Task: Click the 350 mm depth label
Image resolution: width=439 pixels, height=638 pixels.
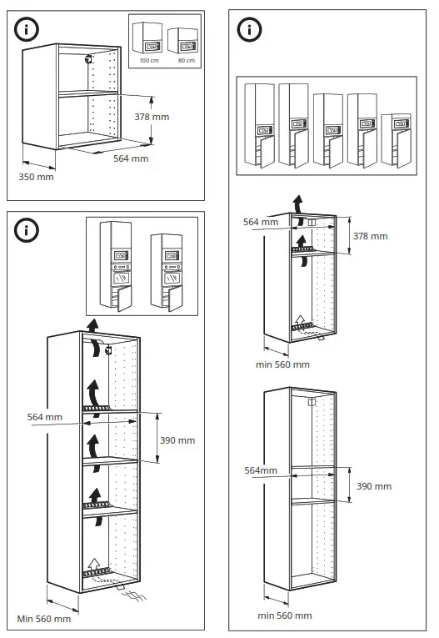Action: (36, 177)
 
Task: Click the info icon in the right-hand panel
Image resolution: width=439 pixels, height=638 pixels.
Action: (249, 29)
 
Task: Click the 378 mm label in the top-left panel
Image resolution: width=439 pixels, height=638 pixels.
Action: (153, 117)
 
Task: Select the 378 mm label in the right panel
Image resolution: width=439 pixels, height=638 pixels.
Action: (371, 236)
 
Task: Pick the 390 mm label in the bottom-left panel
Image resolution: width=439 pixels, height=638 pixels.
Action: (177, 440)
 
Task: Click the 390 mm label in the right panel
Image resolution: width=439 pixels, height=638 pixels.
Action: (374, 486)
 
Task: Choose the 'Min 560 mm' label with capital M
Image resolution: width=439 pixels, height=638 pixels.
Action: (44, 619)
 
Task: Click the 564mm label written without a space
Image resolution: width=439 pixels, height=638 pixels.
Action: (260, 470)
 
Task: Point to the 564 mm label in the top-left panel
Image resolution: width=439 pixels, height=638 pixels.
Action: (131, 158)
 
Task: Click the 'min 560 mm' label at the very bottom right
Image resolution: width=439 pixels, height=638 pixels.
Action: (284, 615)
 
